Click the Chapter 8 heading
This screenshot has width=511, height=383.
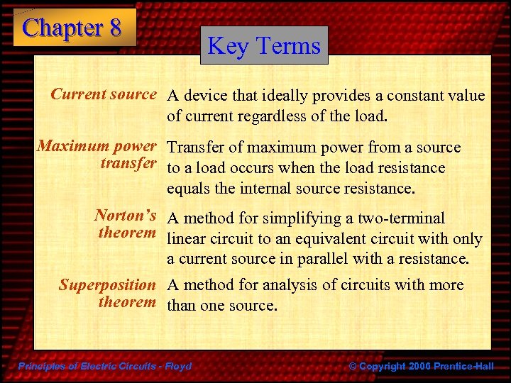[72, 28]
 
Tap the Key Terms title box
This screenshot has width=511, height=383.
[264, 46]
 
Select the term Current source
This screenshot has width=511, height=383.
[103, 94]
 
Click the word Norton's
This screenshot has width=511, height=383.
[126, 215]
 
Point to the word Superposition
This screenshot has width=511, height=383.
[107, 285]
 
